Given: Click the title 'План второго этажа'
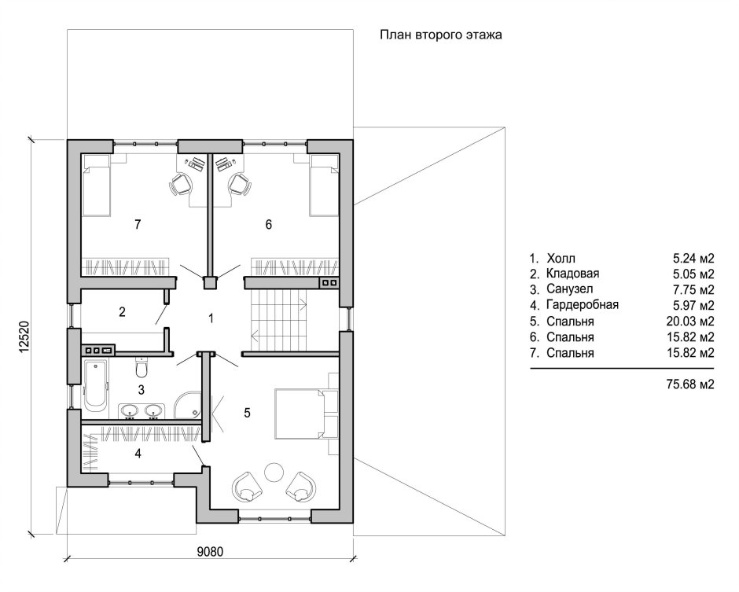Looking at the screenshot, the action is point(441,35).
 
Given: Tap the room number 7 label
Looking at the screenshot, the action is point(138,224).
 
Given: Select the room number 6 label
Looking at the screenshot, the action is point(269,224).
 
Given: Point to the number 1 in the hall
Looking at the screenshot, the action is point(211,318).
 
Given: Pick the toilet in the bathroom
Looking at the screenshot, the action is point(142,367).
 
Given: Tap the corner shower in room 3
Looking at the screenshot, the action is point(188,404).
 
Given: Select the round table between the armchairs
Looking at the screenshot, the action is point(274,472).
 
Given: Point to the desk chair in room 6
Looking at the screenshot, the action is point(239,184).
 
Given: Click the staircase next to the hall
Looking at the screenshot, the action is point(278,320).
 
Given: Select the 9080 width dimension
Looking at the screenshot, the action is point(210,551).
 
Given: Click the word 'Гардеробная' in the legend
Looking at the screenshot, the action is point(583,305).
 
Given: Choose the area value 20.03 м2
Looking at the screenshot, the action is point(690,322).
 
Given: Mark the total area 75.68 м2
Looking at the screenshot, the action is point(690,384).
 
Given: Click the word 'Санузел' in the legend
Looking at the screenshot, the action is point(570,289).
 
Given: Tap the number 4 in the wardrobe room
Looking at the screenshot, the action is point(138,454).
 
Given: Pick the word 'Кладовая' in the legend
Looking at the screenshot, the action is point(572,274).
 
